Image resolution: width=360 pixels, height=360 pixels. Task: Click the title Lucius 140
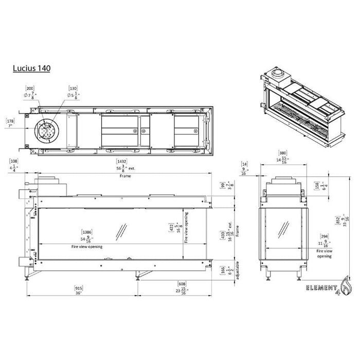pyautogui.click(x=31, y=68)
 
